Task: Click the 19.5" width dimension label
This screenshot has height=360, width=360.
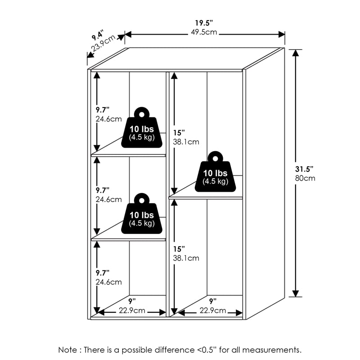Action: coord(203,23)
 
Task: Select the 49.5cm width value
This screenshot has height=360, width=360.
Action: coord(204,32)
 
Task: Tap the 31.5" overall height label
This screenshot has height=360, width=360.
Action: coord(305,169)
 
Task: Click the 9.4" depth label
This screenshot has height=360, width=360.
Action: coord(97,34)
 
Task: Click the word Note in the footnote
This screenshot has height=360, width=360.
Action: coord(67,350)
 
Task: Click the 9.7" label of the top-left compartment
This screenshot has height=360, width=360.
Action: coord(102,110)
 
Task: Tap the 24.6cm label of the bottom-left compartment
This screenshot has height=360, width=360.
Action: coord(108,282)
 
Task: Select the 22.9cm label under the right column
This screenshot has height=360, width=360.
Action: coord(212,310)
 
